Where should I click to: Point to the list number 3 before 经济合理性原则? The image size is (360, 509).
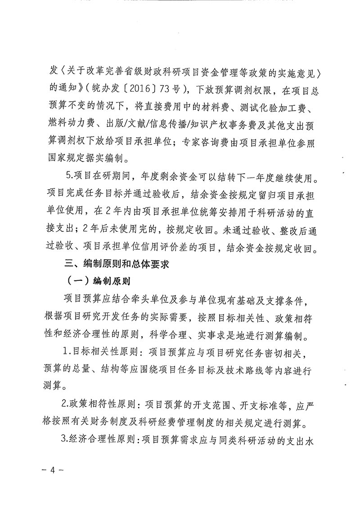pos(64,437)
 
